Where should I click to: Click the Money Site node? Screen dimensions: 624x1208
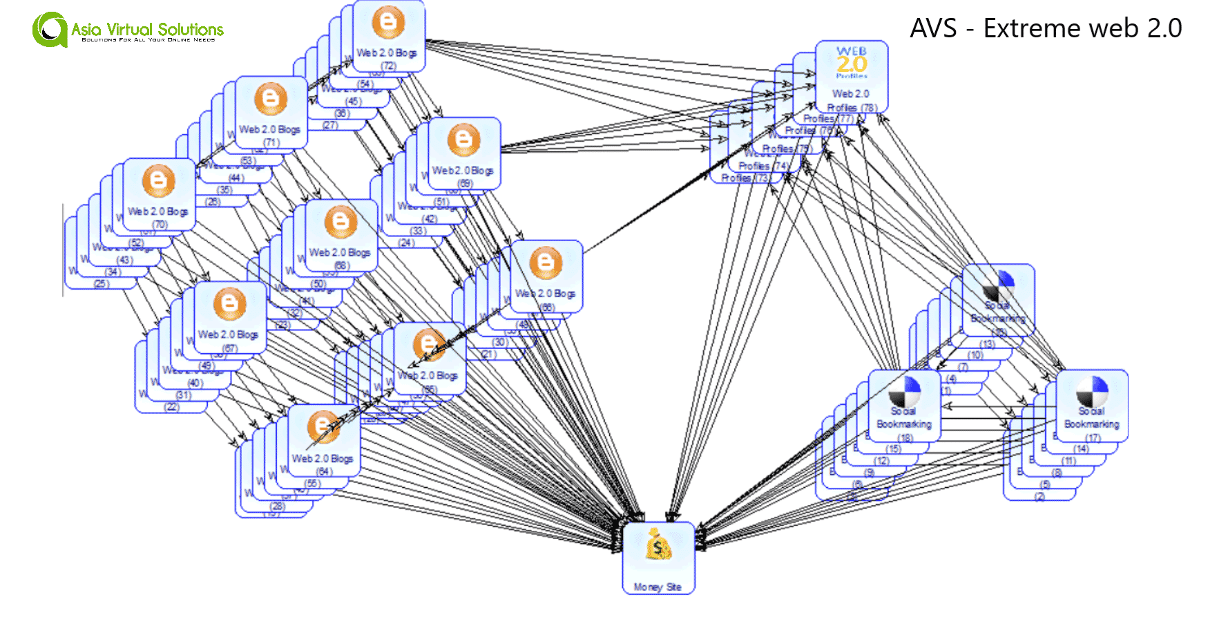click(x=658, y=558)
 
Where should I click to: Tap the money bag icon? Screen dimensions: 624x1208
click(x=658, y=545)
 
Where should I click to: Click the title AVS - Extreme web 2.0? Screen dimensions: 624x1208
click(x=1045, y=28)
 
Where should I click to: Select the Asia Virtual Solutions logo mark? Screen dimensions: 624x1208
click(x=49, y=30)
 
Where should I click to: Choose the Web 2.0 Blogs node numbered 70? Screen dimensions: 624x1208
click(x=159, y=195)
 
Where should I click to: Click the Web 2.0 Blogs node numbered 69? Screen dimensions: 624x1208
click(x=464, y=153)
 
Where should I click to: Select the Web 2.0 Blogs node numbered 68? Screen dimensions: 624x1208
click(x=341, y=236)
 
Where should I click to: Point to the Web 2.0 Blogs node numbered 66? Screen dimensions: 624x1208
click(x=546, y=276)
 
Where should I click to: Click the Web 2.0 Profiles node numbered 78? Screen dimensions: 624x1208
click(x=851, y=76)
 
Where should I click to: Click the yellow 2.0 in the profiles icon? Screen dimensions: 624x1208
click(x=851, y=64)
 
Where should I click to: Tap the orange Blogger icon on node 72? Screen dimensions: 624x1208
click(x=389, y=22)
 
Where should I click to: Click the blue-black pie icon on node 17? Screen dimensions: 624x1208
click(x=1092, y=390)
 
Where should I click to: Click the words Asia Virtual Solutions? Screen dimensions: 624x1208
click(x=147, y=29)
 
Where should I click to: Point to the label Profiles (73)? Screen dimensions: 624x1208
click(x=745, y=178)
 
